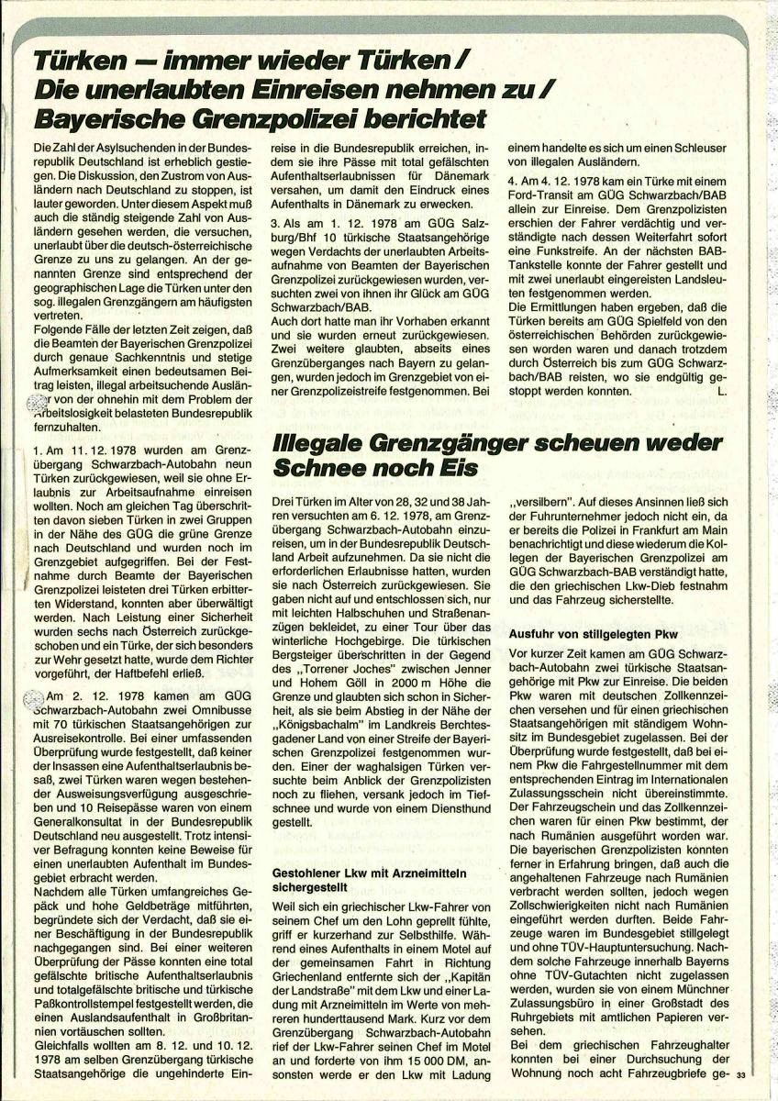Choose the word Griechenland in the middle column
(313, 958)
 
